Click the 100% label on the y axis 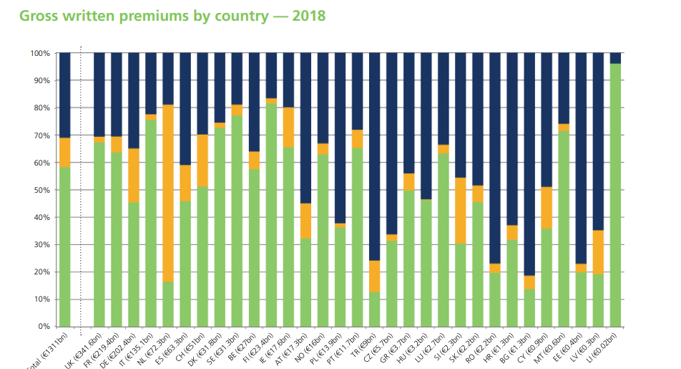pyautogui.click(x=40, y=53)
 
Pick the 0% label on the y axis pyautogui.click(x=43, y=327)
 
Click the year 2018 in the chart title pyautogui.click(x=308, y=15)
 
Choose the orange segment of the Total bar pyautogui.click(x=65, y=153)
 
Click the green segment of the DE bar pyautogui.click(x=134, y=264)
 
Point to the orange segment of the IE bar pyautogui.click(x=288, y=128)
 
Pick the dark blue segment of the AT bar pyautogui.click(x=305, y=128)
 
